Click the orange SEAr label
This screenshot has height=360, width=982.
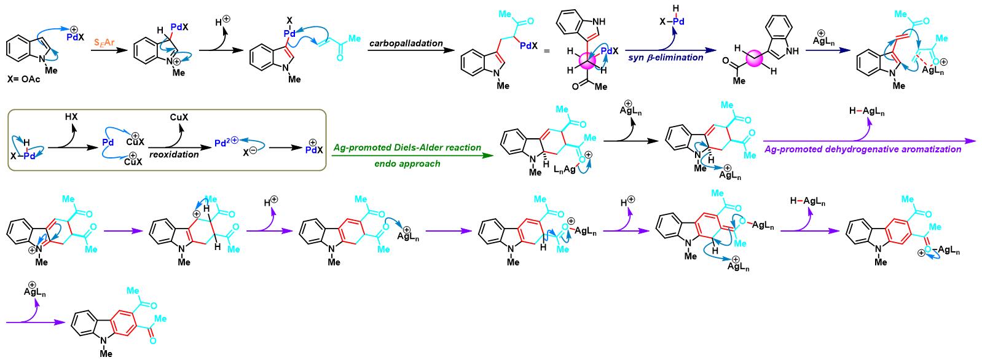click(104, 43)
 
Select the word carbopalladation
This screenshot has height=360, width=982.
click(406, 43)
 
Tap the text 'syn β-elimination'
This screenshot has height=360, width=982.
click(666, 58)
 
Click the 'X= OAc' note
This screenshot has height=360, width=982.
click(24, 79)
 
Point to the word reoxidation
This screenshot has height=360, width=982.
click(174, 154)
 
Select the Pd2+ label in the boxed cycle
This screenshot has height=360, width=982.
click(226, 142)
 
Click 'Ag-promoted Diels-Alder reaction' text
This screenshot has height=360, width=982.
click(407, 148)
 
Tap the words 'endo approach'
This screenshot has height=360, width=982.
click(407, 164)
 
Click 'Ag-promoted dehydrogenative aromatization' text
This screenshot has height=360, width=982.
click(863, 149)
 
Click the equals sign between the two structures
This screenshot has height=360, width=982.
click(547, 52)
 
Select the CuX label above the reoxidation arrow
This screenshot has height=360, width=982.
click(179, 117)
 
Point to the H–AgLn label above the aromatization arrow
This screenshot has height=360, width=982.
click(866, 111)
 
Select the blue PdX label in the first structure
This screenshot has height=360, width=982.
click(76, 37)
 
